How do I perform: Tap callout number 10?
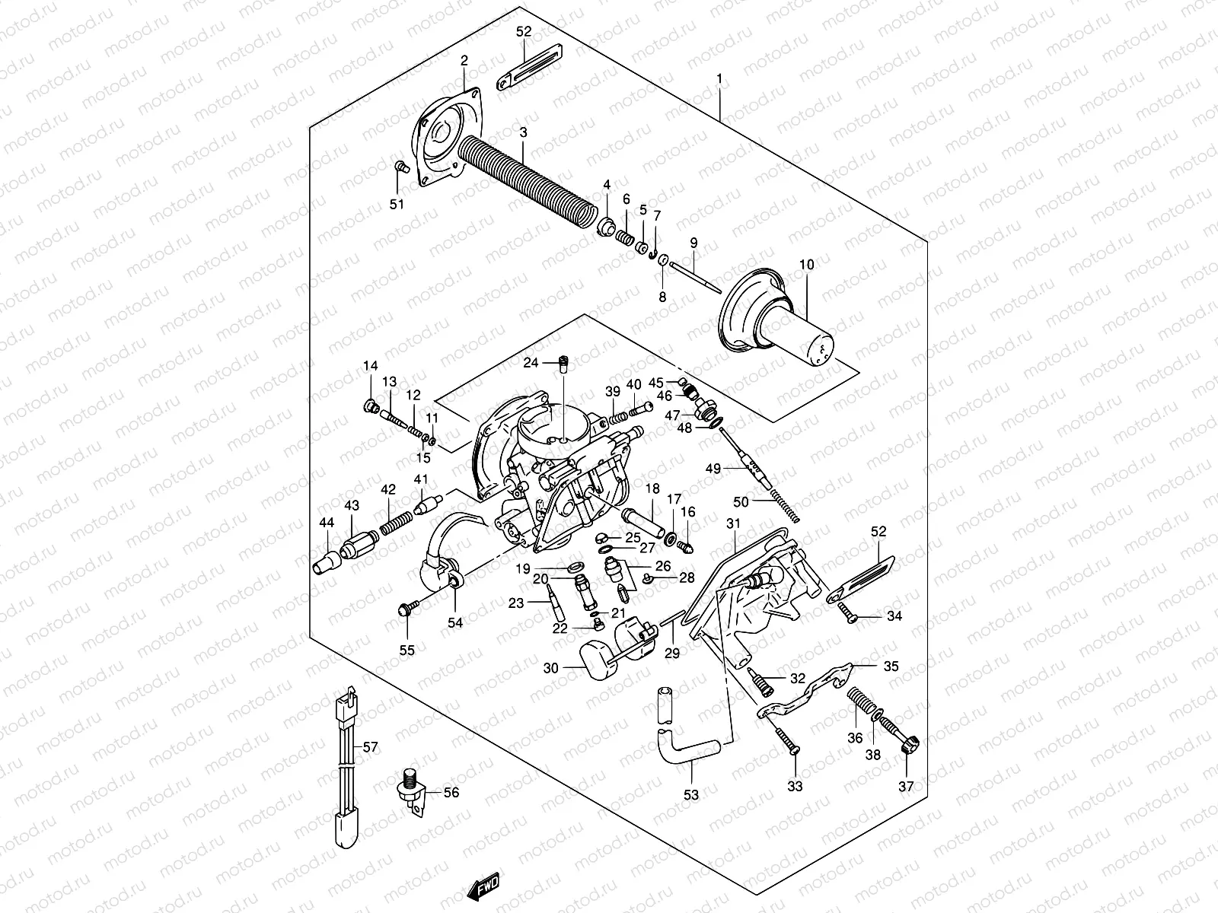click(807, 265)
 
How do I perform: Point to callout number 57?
click(370, 748)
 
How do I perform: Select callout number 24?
click(530, 363)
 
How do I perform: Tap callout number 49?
click(713, 469)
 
